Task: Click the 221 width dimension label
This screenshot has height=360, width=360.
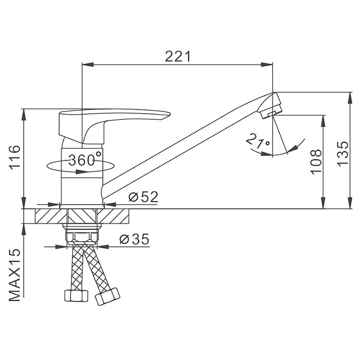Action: tap(178, 57)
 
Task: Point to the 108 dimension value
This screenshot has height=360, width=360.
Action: tap(316, 161)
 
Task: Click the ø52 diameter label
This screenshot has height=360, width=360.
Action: tap(143, 197)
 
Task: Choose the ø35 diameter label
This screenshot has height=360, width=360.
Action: tap(134, 239)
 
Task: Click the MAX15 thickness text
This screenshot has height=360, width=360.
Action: tap(15, 275)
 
